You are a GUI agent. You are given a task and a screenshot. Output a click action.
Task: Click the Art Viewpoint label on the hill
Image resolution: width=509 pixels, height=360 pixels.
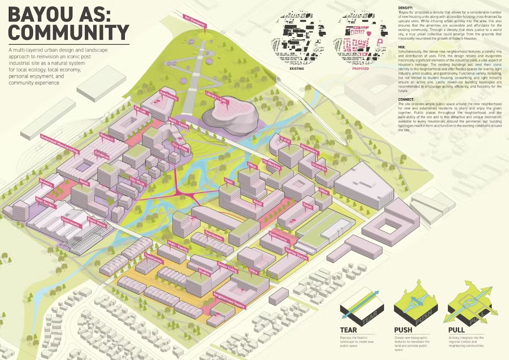pyautogui.click(x=193, y=18)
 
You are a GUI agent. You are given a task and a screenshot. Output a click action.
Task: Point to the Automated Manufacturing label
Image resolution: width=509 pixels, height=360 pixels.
pyautogui.click(x=59, y=142)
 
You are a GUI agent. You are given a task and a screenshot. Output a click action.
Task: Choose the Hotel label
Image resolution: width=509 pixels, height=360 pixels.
pyautogui.click(x=228, y=181)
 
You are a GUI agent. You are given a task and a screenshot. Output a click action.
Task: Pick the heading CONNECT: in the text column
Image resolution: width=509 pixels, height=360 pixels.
pyautogui.click(x=406, y=99)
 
